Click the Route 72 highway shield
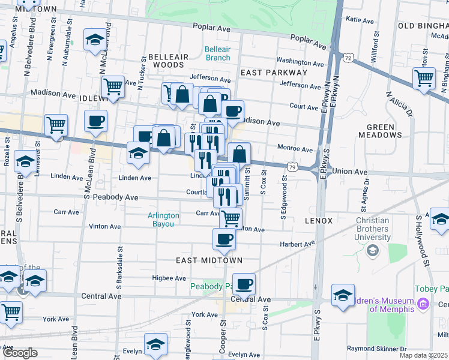(x=348, y=58)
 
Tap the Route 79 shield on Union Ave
(x=292, y=166)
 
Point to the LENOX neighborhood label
(x=318, y=221)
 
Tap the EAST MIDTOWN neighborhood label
(x=209, y=260)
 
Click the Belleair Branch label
(x=217, y=53)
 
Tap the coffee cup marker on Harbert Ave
(x=224, y=239)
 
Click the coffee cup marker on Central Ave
(x=244, y=284)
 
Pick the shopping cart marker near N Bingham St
(x=424, y=77)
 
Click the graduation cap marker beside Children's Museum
(x=343, y=296)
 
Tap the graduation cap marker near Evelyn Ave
(x=155, y=346)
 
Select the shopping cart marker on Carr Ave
(x=231, y=218)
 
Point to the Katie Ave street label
(x=360, y=20)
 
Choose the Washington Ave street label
(x=301, y=61)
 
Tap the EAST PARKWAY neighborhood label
(x=274, y=73)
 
